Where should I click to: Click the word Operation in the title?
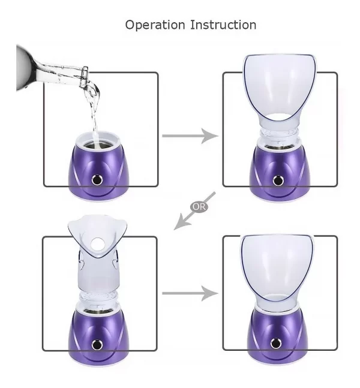tap(155, 26)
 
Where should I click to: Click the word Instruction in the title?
tap(223, 25)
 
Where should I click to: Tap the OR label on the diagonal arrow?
tap(199, 207)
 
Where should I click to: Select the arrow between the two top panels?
tap(190, 136)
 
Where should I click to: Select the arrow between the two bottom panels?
tap(190, 293)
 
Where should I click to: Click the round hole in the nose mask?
tap(97, 243)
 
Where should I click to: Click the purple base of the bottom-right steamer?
tap(278, 336)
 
